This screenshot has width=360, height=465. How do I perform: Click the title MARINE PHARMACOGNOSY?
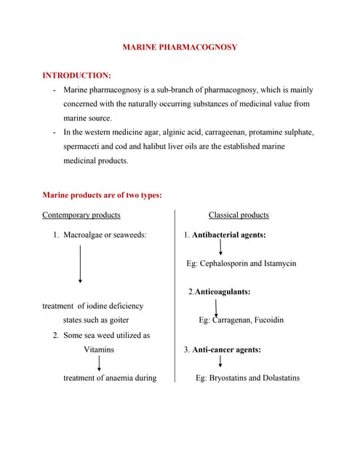click(179, 47)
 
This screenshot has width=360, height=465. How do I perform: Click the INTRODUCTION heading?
click(77, 75)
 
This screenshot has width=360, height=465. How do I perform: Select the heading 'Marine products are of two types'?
click(103, 195)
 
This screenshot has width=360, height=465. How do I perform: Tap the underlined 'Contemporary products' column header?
click(81, 215)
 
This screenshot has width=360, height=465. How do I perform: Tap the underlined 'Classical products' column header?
click(239, 215)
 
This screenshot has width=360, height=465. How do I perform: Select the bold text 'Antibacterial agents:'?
click(228, 235)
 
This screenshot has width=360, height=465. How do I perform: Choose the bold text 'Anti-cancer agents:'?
click(226, 349)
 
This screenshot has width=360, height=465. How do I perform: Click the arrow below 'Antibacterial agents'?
click(221, 248)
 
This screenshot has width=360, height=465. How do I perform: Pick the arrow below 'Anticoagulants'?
click(217, 307)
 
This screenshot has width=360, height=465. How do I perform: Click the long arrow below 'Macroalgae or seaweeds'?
click(80, 263)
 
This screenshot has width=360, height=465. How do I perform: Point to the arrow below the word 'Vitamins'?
click(99, 363)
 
